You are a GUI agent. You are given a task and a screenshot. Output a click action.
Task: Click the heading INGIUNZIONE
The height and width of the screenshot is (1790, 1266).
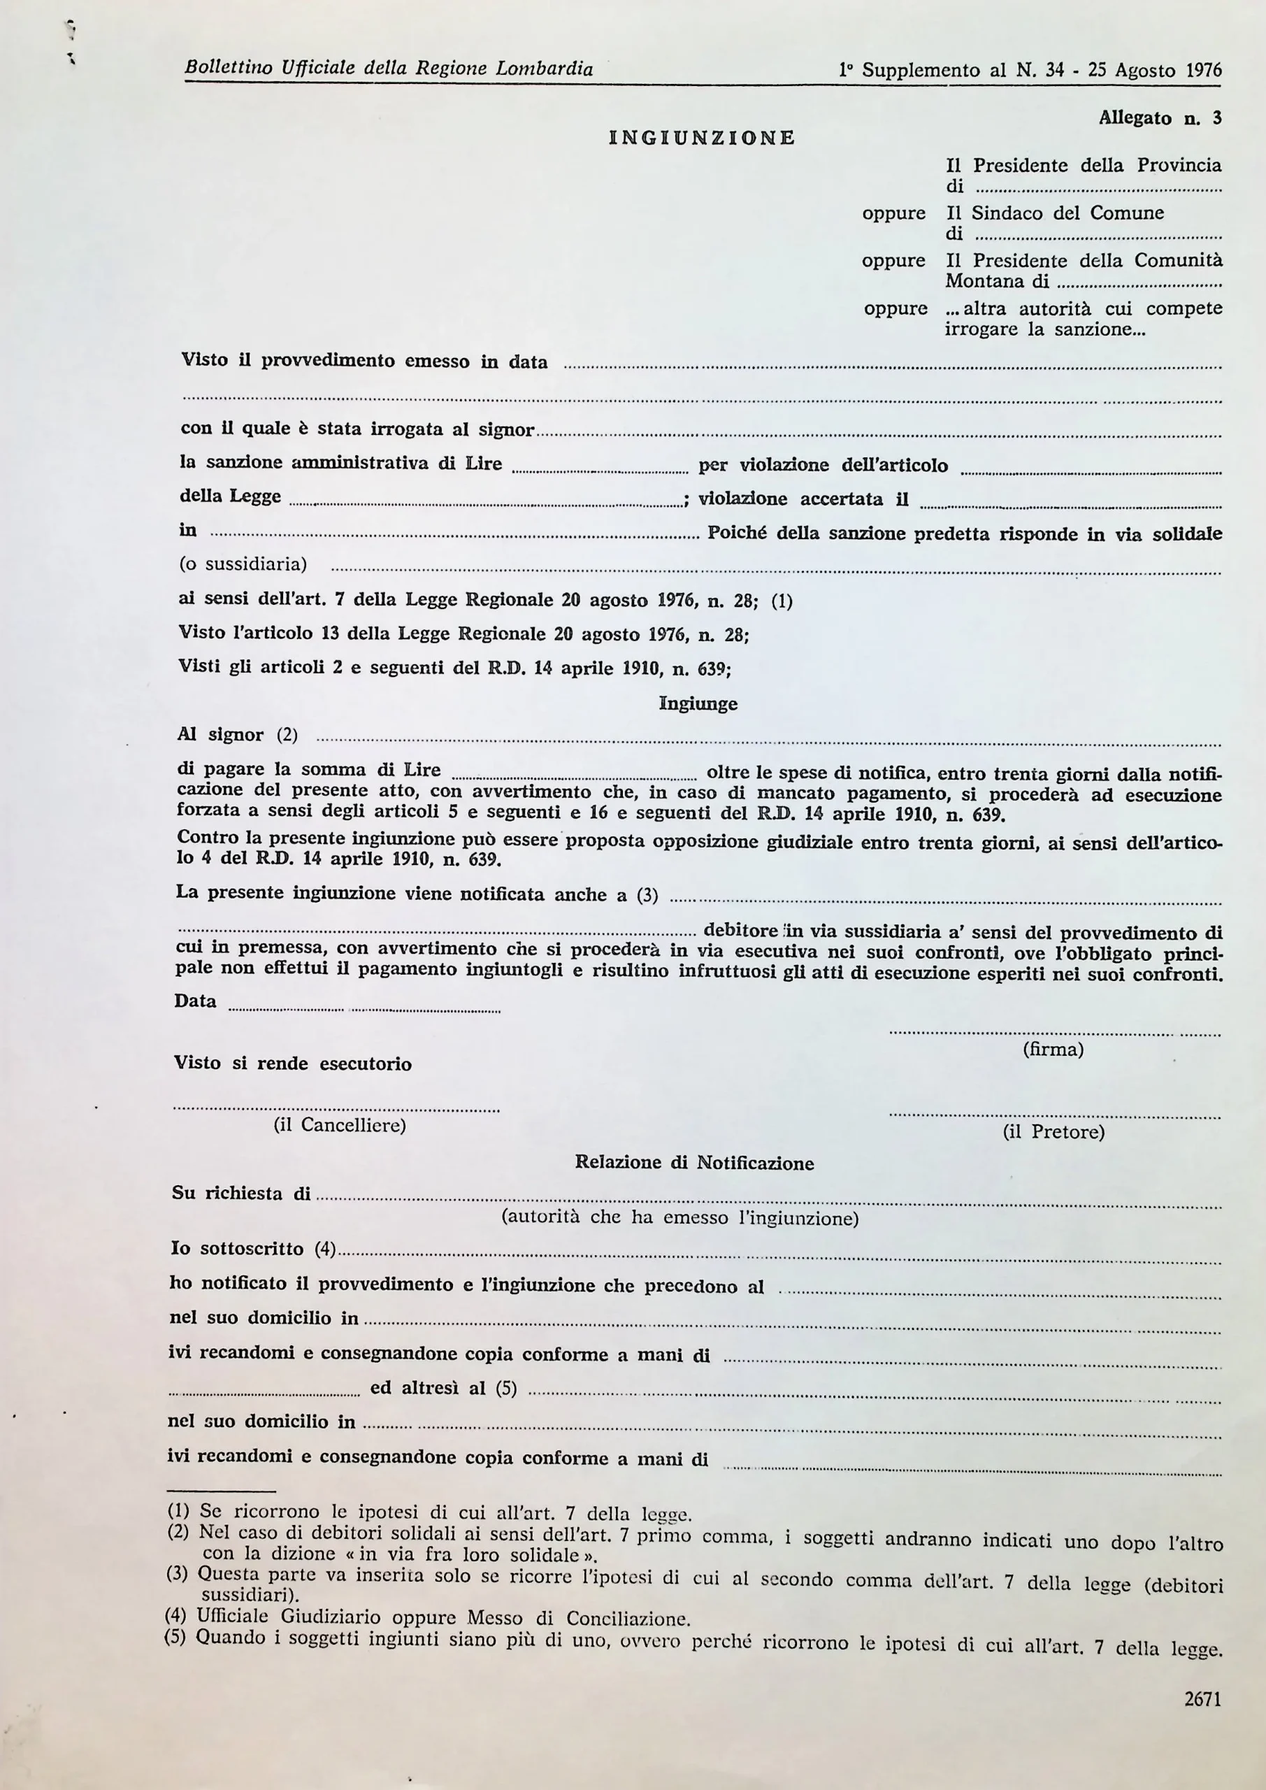702,138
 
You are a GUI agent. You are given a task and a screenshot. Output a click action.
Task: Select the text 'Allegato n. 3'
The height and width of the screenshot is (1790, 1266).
1159,117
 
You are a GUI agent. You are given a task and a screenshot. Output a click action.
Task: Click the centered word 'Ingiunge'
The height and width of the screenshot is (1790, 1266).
698,703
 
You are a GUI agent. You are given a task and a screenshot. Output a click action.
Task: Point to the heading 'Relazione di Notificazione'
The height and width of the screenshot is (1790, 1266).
693,1162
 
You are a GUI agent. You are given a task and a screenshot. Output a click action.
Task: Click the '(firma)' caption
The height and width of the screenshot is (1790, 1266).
1052,1050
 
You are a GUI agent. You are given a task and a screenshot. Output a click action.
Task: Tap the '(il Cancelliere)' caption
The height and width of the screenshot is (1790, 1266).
339,1125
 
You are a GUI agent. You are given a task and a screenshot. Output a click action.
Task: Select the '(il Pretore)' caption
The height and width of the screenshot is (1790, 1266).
1053,1131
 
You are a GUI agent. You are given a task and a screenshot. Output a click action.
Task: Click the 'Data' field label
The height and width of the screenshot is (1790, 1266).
195,1001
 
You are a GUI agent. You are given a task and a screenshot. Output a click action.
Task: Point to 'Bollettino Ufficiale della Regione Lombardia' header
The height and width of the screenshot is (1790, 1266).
388,69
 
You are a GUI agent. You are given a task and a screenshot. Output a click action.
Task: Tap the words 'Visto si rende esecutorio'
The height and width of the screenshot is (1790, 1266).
292,1064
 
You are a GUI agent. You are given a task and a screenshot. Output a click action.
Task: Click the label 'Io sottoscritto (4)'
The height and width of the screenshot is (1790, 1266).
252,1248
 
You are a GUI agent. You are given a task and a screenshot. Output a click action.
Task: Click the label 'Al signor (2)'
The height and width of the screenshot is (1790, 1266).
237,734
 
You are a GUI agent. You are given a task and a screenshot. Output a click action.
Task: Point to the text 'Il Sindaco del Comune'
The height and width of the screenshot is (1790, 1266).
1054,213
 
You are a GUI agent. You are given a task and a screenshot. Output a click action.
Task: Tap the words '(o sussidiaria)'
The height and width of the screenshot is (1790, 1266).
243,564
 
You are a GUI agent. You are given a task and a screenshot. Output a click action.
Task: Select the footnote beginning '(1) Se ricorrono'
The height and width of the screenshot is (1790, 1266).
429,1513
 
